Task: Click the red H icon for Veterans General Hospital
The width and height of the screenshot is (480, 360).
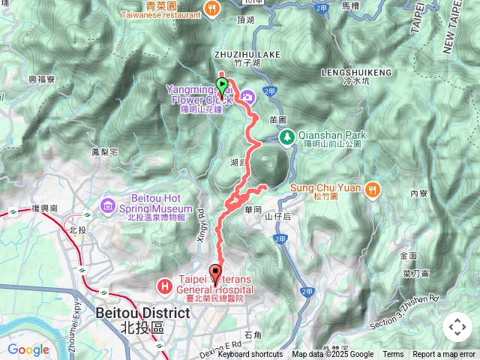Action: [x=164, y=286]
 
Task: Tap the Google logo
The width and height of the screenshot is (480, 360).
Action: [x=28, y=349]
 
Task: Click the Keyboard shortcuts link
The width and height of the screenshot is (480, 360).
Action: [x=250, y=355]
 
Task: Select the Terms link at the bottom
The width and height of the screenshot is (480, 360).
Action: [x=393, y=355]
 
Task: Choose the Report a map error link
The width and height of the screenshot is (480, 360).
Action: [x=444, y=355]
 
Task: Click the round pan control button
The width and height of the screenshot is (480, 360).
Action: [x=457, y=327]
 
